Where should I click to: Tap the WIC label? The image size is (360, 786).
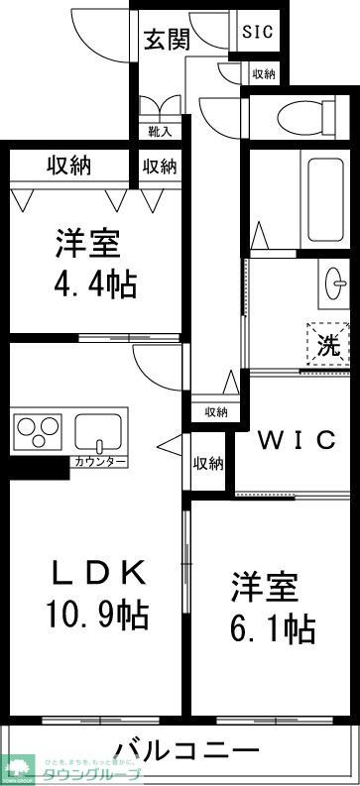point(297,440)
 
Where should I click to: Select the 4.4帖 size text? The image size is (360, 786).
point(94,285)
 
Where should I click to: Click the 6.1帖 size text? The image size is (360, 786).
point(273,626)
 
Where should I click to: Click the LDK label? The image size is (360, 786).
point(99,572)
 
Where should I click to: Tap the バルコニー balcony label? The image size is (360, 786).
point(186,750)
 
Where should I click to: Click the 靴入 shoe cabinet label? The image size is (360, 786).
point(159,131)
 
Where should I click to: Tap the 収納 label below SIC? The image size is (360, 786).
point(263,73)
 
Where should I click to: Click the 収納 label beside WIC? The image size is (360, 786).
point(208,463)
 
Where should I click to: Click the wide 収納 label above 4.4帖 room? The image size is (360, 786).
point(68,165)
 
